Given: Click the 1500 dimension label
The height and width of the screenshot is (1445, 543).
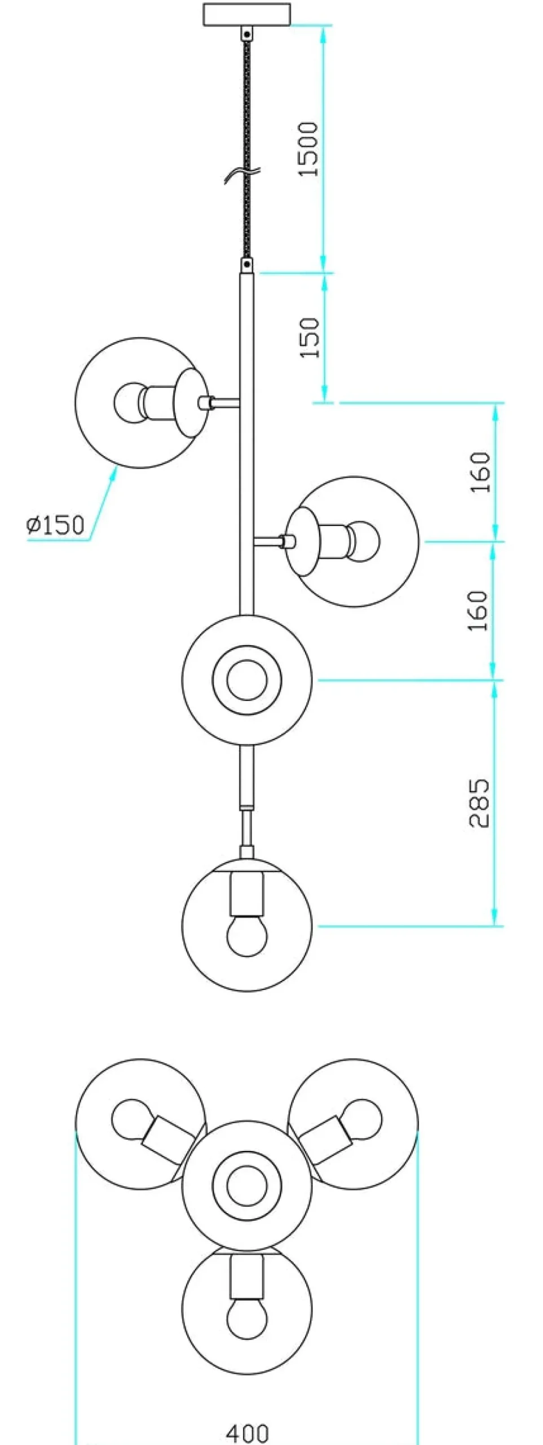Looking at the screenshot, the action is [x=308, y=149].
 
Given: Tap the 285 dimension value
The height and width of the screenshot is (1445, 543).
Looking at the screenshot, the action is [x=480, y=803].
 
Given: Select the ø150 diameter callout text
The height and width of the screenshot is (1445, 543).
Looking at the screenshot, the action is [x=55, y=525].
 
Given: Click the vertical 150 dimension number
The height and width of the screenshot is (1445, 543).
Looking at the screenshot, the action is [x=309, y=337].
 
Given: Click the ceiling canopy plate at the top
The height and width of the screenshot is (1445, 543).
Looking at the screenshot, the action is [x=247, y=15].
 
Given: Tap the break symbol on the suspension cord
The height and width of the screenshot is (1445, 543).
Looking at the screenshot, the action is [x=241, y=174].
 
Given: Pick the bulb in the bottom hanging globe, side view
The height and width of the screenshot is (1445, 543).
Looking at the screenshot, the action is [x=247, y=936].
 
